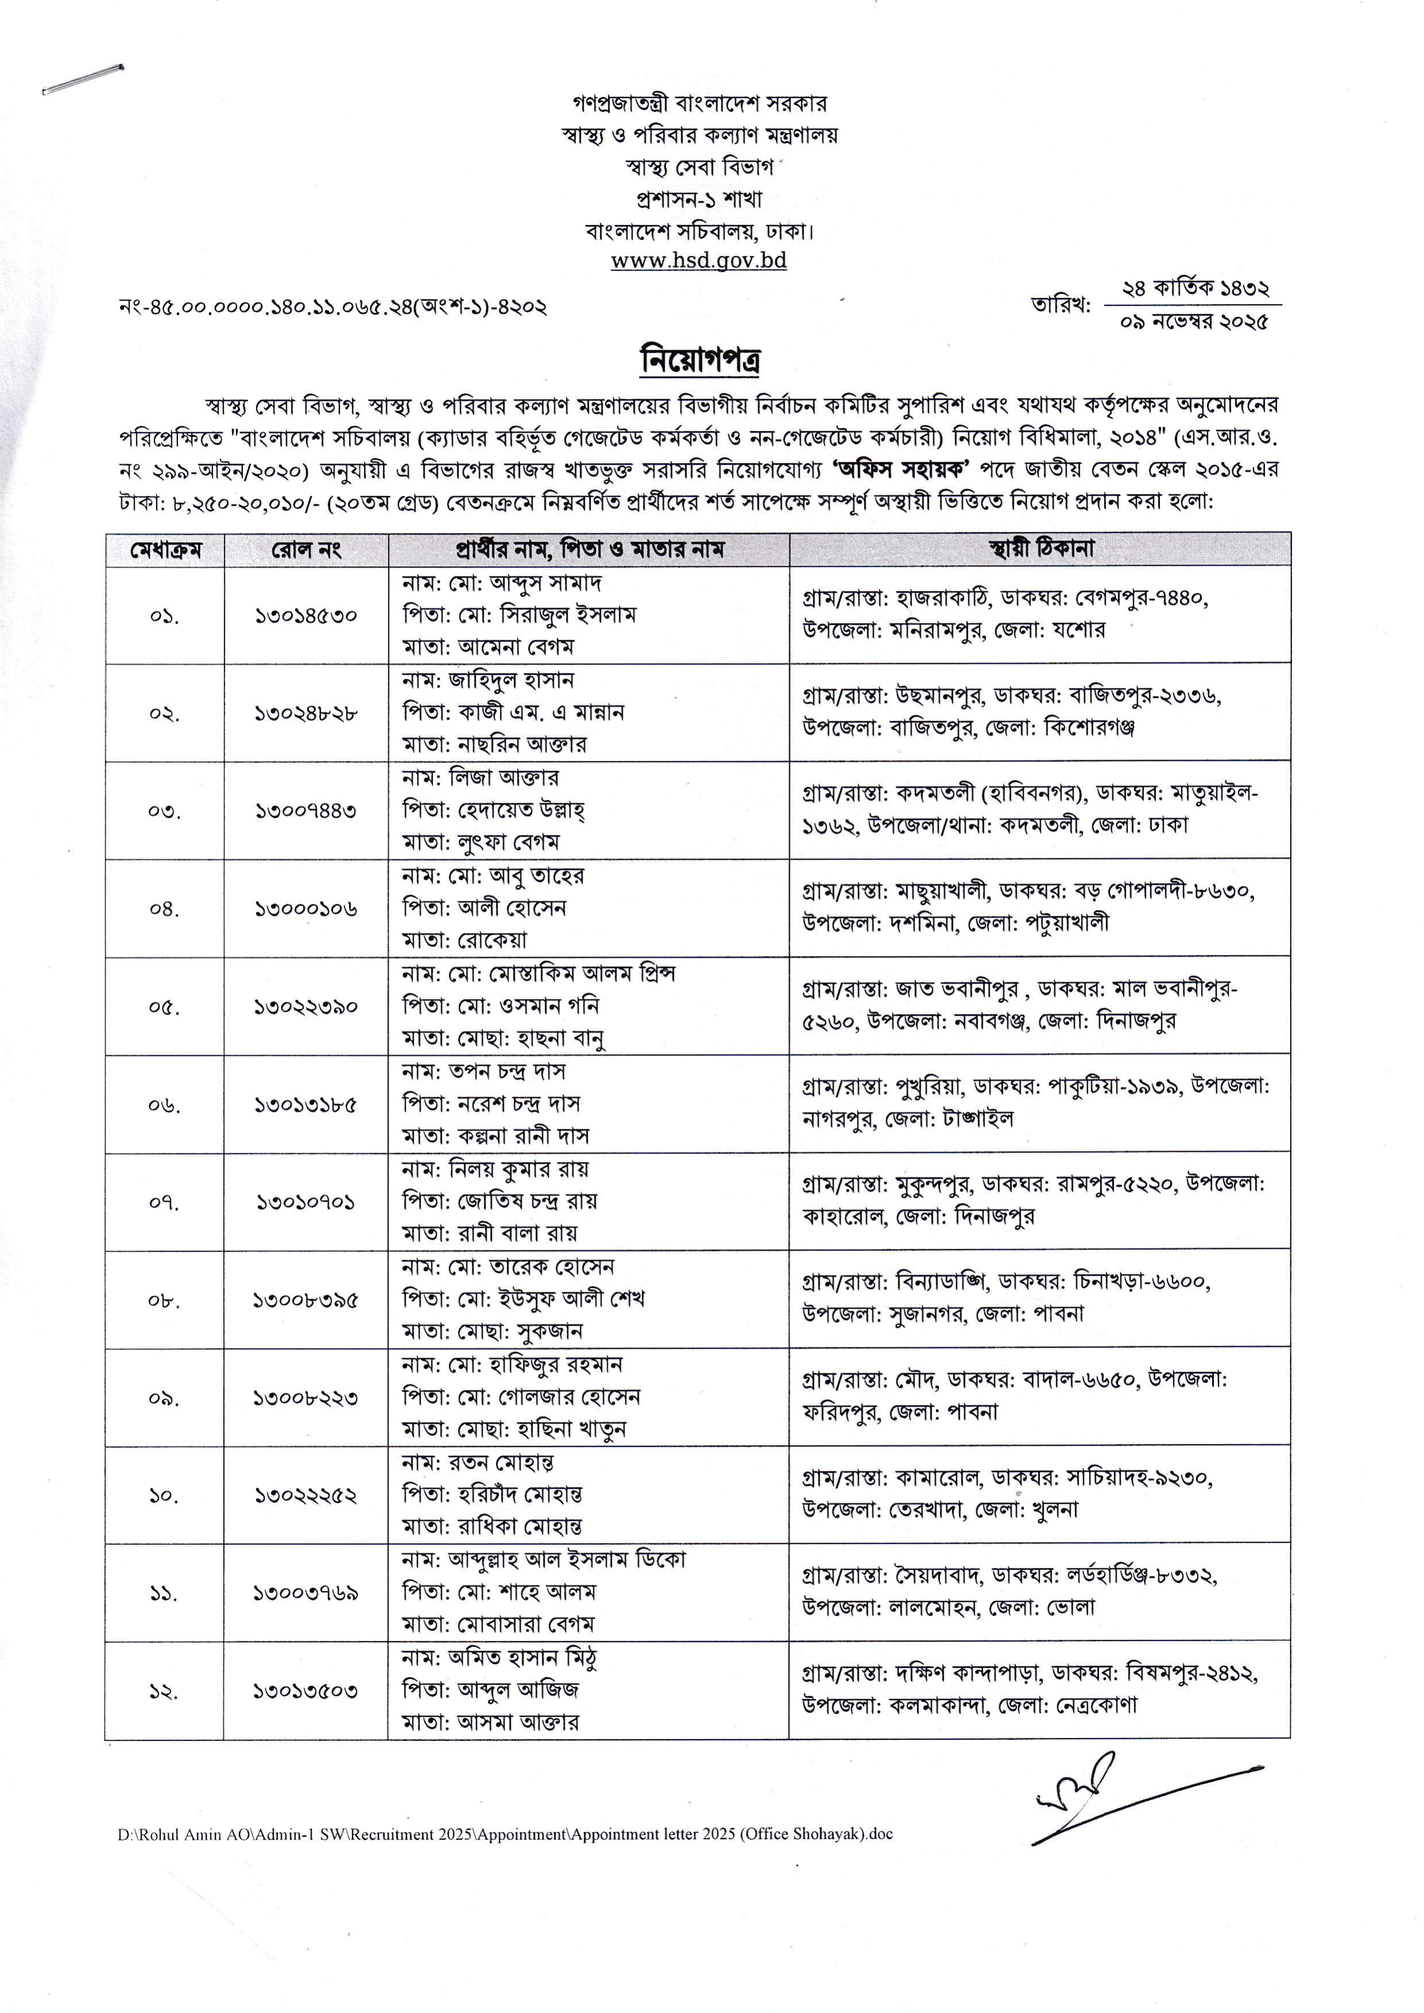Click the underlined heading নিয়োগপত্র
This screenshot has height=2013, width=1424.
coord(699,360)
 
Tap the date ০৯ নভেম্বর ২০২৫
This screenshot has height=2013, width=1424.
coord(1193,322)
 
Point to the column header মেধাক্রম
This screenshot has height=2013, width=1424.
coord(165,550)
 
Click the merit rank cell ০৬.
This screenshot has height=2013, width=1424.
coord(165,1105)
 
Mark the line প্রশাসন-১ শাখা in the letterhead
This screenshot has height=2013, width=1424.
coord(699,199)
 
